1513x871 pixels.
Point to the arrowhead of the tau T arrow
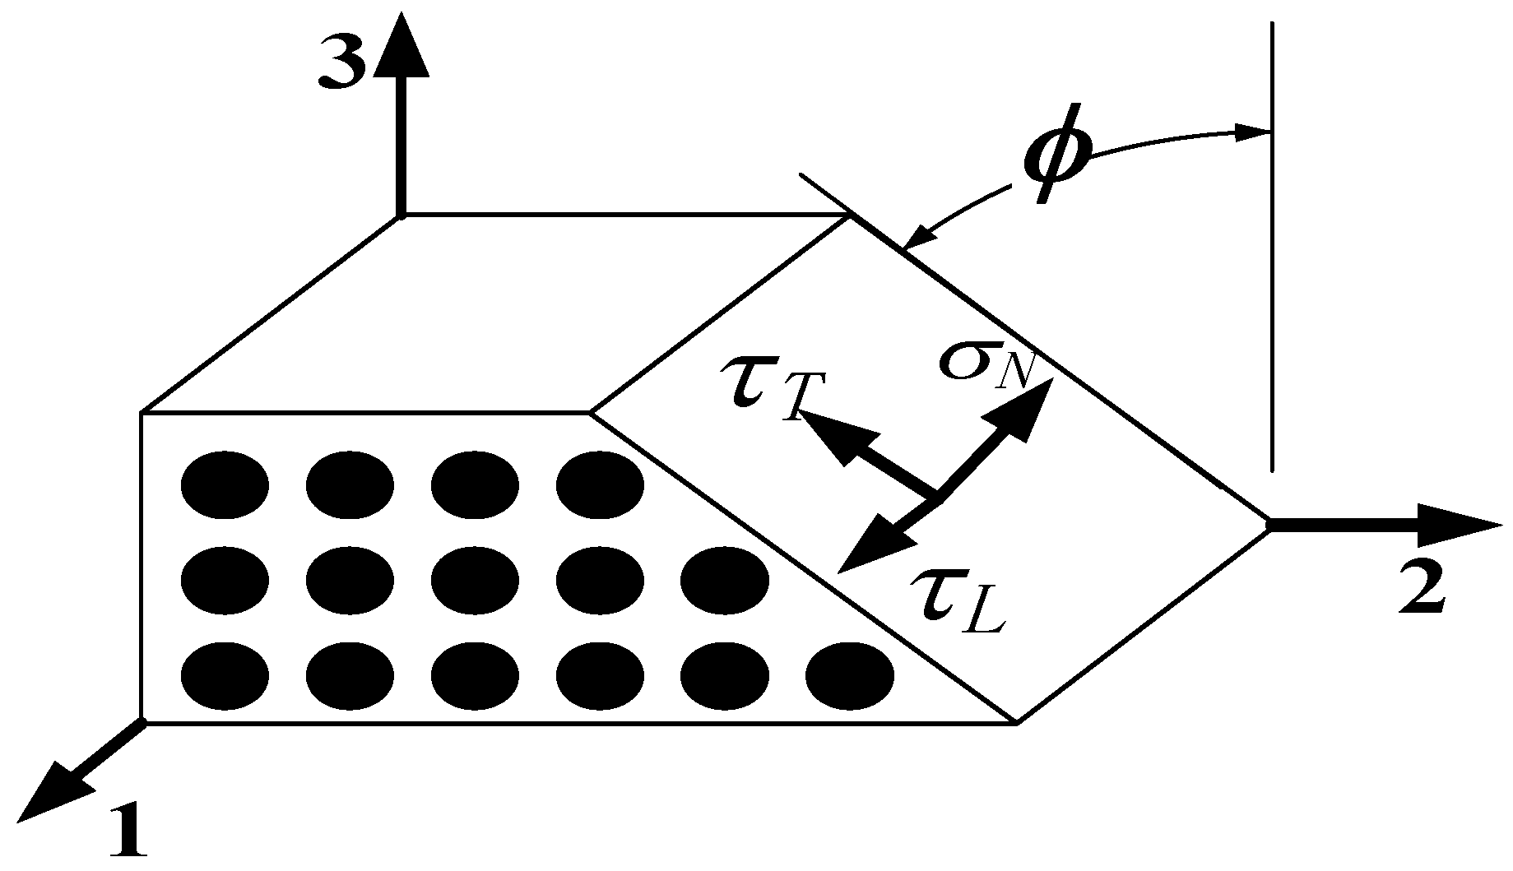click(x=831, y=436)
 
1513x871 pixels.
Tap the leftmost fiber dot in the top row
click(x=224, y=485)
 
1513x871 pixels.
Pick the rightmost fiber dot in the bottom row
click(x=849, y=676)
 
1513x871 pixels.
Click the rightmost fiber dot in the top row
click(x=600, y=485)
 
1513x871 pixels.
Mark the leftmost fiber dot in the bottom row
click(x=224, y=676)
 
